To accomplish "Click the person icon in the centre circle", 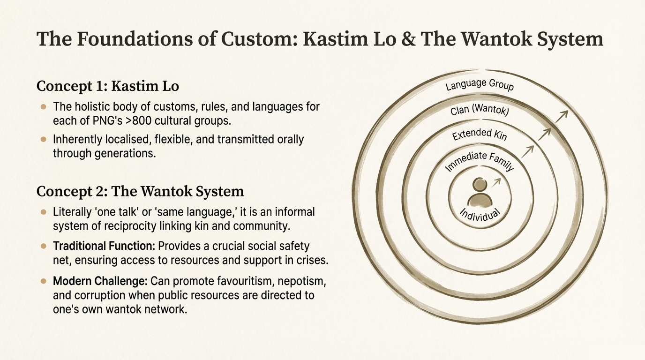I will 480,193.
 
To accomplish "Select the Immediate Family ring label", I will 479,161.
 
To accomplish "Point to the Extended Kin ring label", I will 480,135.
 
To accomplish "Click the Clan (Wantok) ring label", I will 480,111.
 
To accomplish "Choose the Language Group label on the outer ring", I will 480,85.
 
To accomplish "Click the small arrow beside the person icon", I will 497,181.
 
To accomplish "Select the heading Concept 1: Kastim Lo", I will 107,86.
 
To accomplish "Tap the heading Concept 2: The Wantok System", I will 140,191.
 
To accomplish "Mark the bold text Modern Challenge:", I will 100,281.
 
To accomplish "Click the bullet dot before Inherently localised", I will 44,140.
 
